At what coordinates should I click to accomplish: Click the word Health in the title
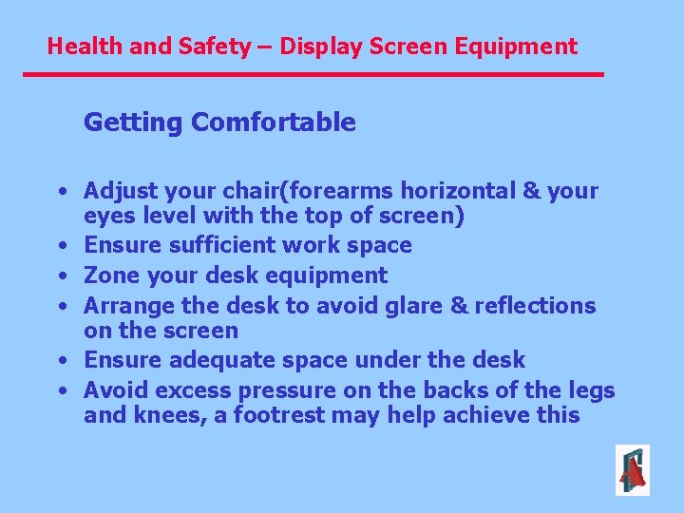pyautogui.click(x=78, y=46)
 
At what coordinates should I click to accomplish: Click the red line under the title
pyautogui.click(x=313, y=74)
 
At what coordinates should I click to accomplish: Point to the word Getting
pyautogui.click(x=134, y=123)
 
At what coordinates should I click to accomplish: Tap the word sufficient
pyautogui.click(x=218, y=245)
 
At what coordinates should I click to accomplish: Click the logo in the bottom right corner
pyautogui.click(x=632, y=469)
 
